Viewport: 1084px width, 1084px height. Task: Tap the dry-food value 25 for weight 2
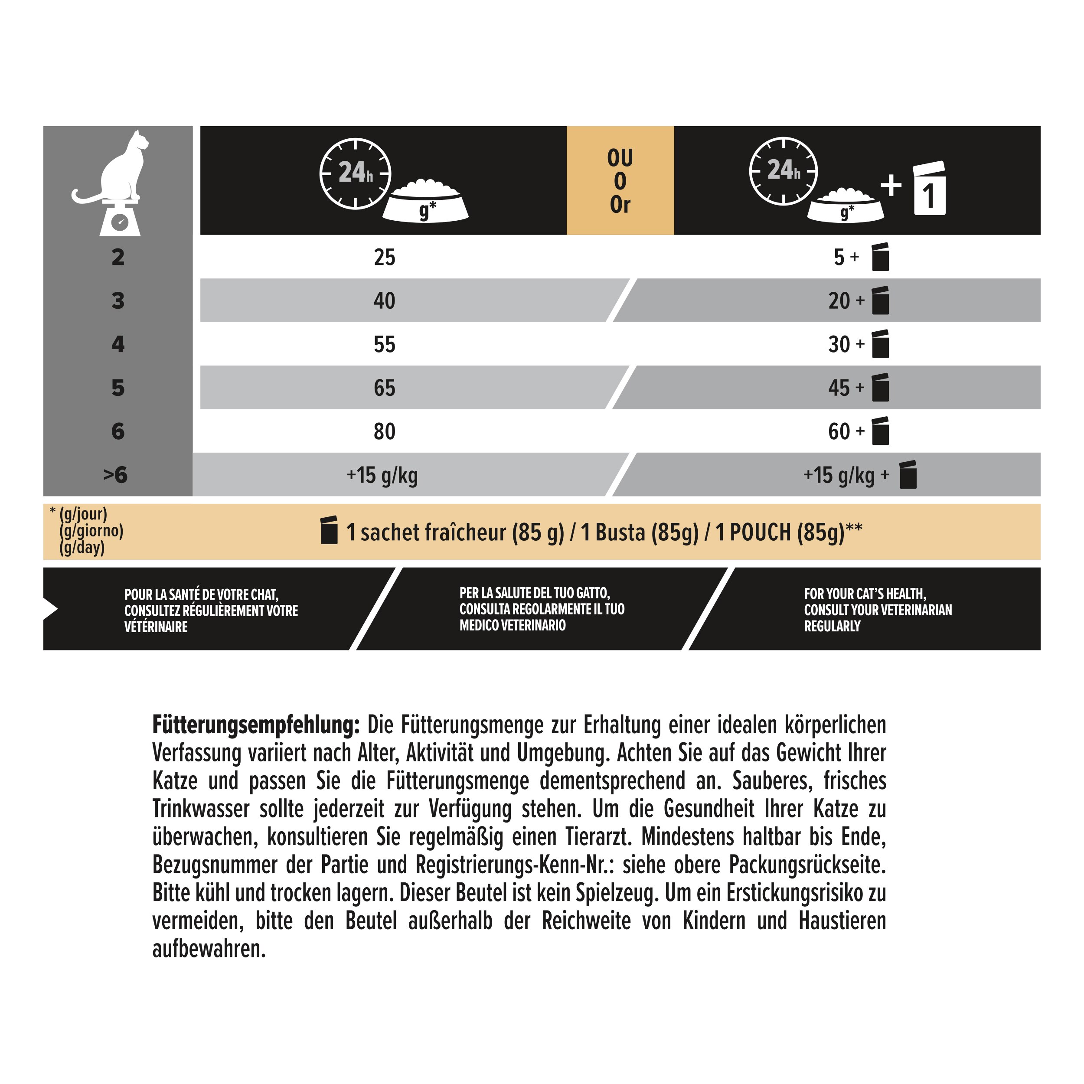click(x=384, y=258)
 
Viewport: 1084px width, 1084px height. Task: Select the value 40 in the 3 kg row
click(x=384, y=301)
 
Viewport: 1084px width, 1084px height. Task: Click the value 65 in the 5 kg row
click(x=384, y=388)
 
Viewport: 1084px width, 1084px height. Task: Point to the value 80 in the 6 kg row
click(x=384, y=431)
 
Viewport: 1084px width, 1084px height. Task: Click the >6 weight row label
click(x=116, y=475)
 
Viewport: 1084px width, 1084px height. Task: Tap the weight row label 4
click(x=118, y=344)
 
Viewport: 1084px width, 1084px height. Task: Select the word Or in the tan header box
click(x=620, y=205)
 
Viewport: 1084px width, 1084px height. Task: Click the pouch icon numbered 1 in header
click(x=929, y=189)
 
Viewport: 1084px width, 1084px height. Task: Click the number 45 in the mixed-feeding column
click(x=839, y=388)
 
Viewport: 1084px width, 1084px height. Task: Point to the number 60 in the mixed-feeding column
click(x=839, y=431)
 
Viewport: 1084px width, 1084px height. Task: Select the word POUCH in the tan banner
click(x=760, y=532)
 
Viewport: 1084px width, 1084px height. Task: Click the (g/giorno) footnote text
click(x=91, y=531)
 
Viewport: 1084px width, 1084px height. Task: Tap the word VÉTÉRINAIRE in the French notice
click(x=156, y=627)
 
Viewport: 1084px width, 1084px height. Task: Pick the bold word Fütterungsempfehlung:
click(x=256, y=725)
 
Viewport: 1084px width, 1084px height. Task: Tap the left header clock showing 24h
click(x=355, y=173)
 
